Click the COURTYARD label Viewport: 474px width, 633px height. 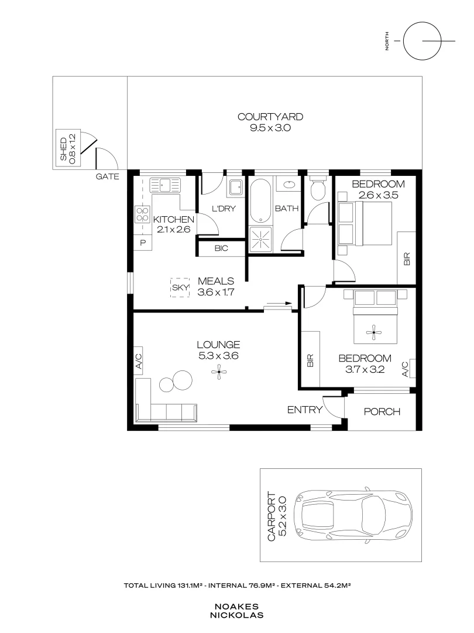(270, 117)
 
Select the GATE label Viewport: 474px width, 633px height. (108, 176)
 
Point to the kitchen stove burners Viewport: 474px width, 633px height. (142, 214)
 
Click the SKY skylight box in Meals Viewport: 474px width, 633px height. (179, 287)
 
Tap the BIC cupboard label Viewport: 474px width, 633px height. (221, 249)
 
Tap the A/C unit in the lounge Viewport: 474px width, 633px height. (139, 360)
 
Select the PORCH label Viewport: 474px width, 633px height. (382, 411)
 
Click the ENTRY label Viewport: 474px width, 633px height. (304, 410)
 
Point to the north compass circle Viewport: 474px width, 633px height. (422, 40)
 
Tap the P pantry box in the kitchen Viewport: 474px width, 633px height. (142, 243)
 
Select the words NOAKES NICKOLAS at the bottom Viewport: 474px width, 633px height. (236, 611)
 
